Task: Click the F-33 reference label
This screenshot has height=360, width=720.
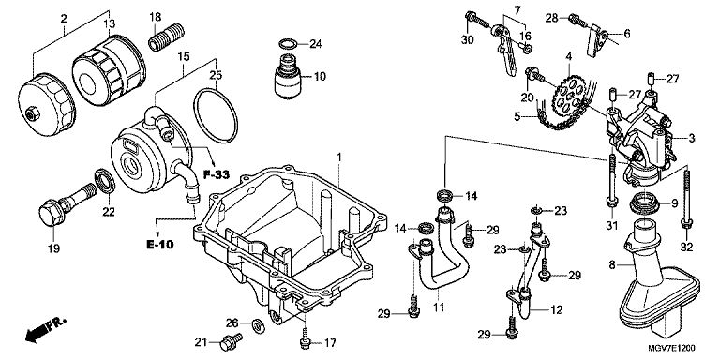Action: coord(216,174)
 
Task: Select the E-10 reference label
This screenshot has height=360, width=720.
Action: coord(160,245)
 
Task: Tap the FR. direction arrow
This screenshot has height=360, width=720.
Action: coord(45,329)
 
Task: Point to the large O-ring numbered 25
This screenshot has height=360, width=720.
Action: coord(216,116)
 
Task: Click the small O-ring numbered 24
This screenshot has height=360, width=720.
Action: coord(288,45)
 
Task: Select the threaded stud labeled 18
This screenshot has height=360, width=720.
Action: coord(167,37)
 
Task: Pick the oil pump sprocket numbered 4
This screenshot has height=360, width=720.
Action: coord(568,97)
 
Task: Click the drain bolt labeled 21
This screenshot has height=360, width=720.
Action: coord(232,341)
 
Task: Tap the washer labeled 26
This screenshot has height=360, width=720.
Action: coord(259,325)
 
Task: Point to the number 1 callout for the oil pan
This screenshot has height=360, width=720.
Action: coord(338,157)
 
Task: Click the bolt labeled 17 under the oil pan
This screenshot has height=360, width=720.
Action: coord(305,337)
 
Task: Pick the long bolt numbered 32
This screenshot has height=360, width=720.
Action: coord(686,199)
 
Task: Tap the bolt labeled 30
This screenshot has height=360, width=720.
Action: coord(476,20)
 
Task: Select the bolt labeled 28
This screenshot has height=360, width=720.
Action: coord(578,21)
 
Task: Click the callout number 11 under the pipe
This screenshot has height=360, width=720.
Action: coord(439,307)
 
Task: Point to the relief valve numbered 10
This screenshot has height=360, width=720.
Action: coord(288,75)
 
